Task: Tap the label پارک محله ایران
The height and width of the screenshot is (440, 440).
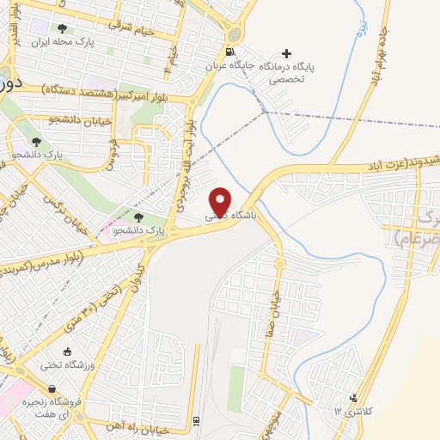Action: coord(61,40)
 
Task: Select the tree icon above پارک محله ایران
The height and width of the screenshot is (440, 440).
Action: coord(61,26)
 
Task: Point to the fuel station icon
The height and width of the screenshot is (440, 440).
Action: coord(235,34)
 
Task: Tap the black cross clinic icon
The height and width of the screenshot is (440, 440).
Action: coord(286,53)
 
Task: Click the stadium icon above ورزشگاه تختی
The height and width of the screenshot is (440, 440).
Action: coord(67,351)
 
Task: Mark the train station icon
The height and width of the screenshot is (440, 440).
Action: coord(196,419)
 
